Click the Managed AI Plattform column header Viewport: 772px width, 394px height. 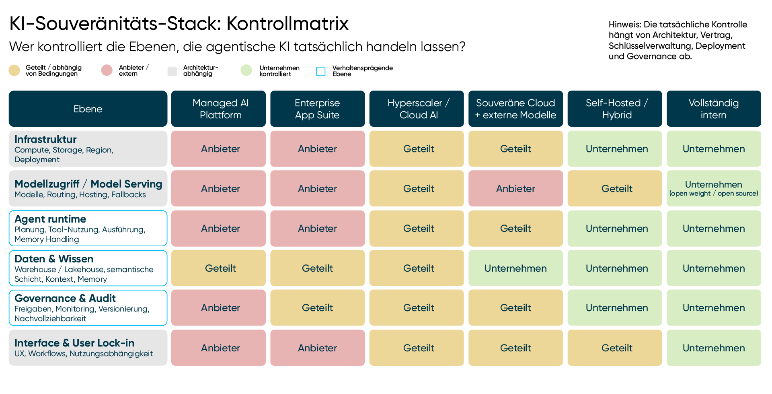click(x=218, y=109)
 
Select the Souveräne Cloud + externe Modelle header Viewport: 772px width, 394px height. click(x=515, y=109)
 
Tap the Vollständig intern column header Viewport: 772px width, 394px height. click(x=714, y=109)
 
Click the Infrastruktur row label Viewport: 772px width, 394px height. click(x=88, y=149)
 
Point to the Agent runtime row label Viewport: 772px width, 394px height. click(x=88, y=228)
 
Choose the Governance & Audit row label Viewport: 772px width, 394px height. click(x=88, y=308)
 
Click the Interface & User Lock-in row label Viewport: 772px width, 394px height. click(x=88, y=348)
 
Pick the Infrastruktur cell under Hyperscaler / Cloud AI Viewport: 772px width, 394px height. click(x=417, y=149)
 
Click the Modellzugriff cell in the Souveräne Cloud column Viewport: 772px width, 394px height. click(x=515, y=188)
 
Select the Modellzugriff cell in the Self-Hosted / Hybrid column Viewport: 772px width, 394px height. click(x=615, y=188)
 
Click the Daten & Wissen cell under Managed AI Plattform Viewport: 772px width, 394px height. click(x=218, y=268)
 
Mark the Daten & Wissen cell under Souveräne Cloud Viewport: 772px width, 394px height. click(x=515, y=268)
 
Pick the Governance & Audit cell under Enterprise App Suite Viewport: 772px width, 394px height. click(x=318, y=308)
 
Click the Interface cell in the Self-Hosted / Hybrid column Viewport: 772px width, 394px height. click(x=615, y=348)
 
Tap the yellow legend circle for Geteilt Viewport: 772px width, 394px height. click(x=14, y=70)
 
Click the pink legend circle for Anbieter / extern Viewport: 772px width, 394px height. click(x=107, y=70)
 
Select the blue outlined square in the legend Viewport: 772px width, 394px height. click(x=321, y=71)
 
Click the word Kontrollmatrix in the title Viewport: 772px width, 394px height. click(x=287, y=23)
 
